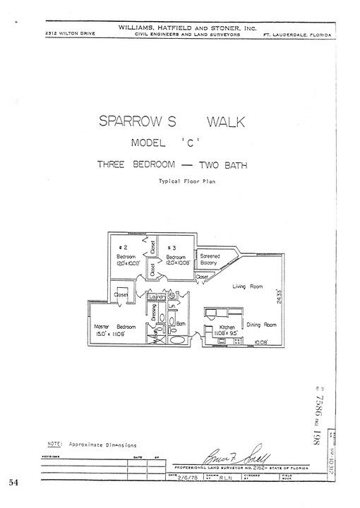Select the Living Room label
tap(247, 286)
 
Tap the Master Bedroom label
tap(114, 327)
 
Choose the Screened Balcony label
tap(210, 259)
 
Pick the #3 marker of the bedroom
tap(171, 248)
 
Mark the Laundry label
tap(156, 297)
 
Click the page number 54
tap(13, 483)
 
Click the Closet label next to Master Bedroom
tap(121, 295)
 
